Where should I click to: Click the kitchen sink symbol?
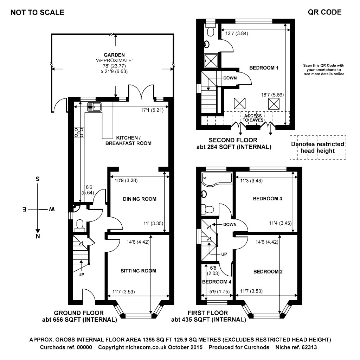pos(94,106)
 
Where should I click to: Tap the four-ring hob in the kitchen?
pos(79,132)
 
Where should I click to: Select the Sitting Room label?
pos(138,271)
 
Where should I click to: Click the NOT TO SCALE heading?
pos(38,13)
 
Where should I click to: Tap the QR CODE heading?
pos(324,13)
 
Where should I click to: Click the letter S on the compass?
pos(37,179)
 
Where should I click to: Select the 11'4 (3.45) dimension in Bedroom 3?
pos(279,223)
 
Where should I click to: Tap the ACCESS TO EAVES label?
pos(251,118)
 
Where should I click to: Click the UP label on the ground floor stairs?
pos(81,275)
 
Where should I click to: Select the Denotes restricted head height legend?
pos(317,148)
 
